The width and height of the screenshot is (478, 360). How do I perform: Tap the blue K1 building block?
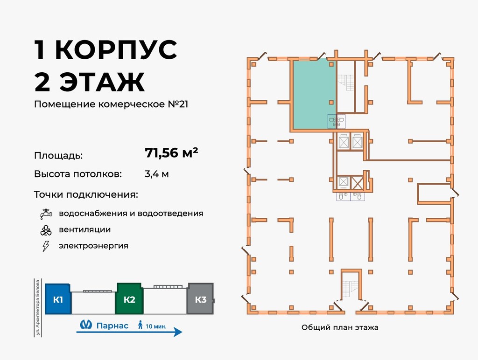coord(58,299)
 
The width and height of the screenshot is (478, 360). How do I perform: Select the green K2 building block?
coord(129,299)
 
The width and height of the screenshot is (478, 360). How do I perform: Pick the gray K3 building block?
coord(200,299)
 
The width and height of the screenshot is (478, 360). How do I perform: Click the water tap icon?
coord(46,214)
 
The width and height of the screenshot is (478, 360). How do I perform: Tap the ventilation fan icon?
coord(46,230)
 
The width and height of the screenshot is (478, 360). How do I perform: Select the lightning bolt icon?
coord(46,246)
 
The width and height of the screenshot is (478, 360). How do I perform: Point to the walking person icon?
coord(140,325)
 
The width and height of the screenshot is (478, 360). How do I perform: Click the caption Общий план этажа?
coord(340,327)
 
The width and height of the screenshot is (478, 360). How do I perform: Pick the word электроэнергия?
coord(93,246)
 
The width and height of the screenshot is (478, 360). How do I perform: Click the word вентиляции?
coord(84,230)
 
